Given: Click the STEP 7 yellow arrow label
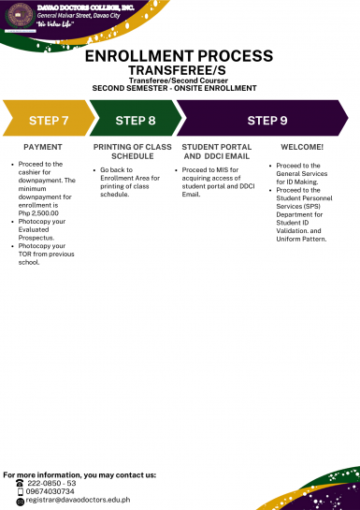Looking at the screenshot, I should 49,121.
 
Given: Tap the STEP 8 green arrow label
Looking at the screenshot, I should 135,121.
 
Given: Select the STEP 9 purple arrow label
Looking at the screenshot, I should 266,121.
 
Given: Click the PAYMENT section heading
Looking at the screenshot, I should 43,148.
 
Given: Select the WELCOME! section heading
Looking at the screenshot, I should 302,148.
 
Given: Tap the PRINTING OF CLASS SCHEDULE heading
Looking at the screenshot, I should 132,152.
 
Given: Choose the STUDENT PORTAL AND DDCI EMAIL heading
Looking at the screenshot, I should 218,152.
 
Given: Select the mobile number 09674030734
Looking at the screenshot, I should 51,491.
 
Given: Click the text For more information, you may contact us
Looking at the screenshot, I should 79,474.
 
